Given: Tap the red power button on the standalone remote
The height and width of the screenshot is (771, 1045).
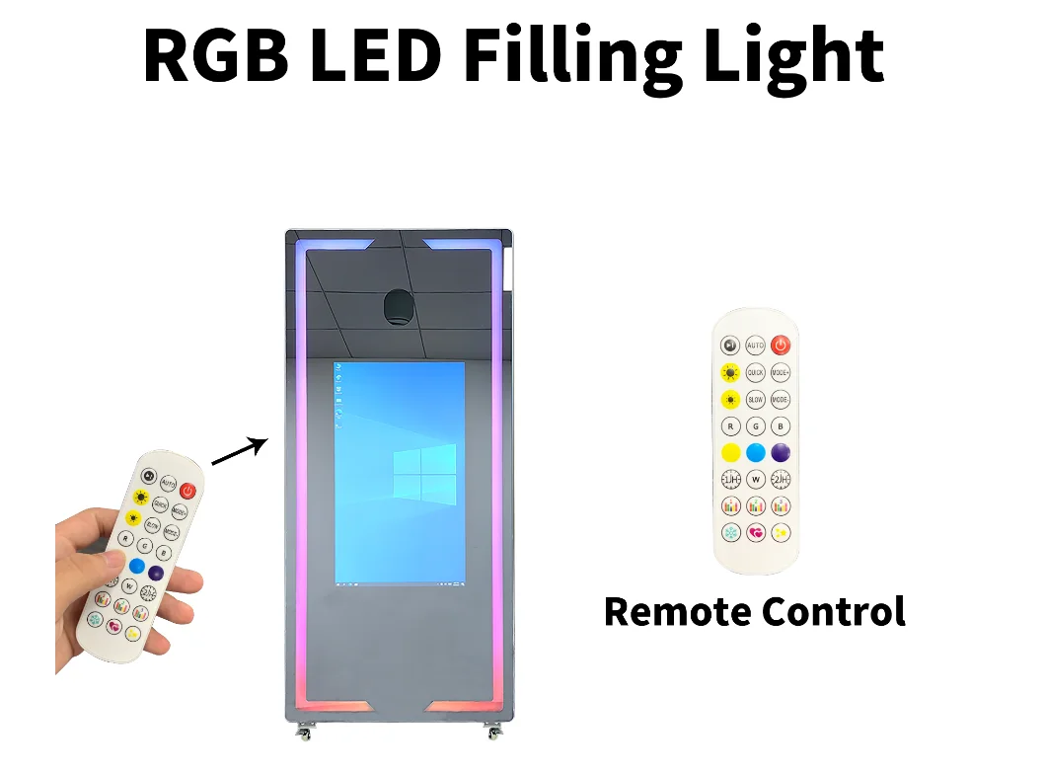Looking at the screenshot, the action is pyautogui.click(x=781, y=346).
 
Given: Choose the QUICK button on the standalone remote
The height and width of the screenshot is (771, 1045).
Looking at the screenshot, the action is pyautogui.click(x=755, y=373).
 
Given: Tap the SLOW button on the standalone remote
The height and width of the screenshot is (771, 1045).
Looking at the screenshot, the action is pyautogui.click(x=755, y=400).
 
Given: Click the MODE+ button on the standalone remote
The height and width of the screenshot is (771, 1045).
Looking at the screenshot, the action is pyautogui.click(x=781, y=373).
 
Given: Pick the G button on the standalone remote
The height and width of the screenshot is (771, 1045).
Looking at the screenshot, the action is pyautogui.click(x=755, y=426).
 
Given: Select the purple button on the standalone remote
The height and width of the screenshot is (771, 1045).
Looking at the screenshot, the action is pyautogui.click(x=781, y=453).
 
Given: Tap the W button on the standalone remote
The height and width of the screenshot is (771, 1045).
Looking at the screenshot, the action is pyautogui.click(x=755, y=480).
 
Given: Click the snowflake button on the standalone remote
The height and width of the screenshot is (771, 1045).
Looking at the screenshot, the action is pyautogui.click(x=730, y=533).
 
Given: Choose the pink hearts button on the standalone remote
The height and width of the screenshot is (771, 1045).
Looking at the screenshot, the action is pyautogui.click(x=755, y=533).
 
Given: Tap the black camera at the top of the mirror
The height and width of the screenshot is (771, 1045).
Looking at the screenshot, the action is pyautogui.click(x=398, y=307).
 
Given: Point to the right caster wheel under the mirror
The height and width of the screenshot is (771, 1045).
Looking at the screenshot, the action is pyautogui.click(x=491, y=732).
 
